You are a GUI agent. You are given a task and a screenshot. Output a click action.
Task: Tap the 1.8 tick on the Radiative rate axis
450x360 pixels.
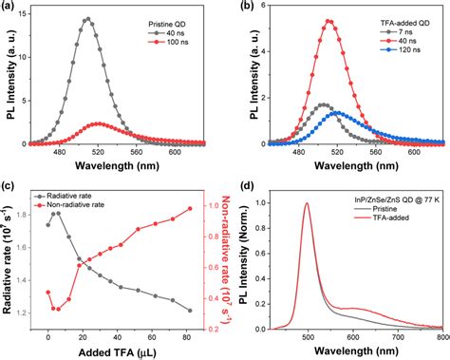pos(33,214)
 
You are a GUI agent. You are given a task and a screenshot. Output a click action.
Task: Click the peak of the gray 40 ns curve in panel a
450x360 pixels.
pos(87,18)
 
